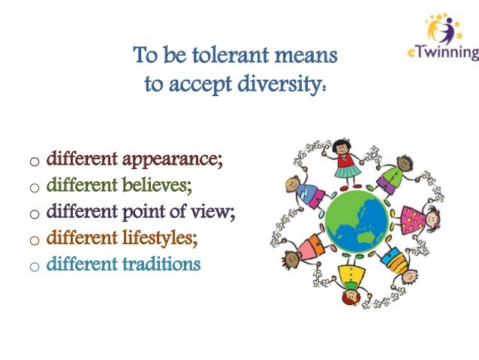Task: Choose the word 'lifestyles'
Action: (165, 240)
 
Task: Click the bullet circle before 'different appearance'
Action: (34, 163)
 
